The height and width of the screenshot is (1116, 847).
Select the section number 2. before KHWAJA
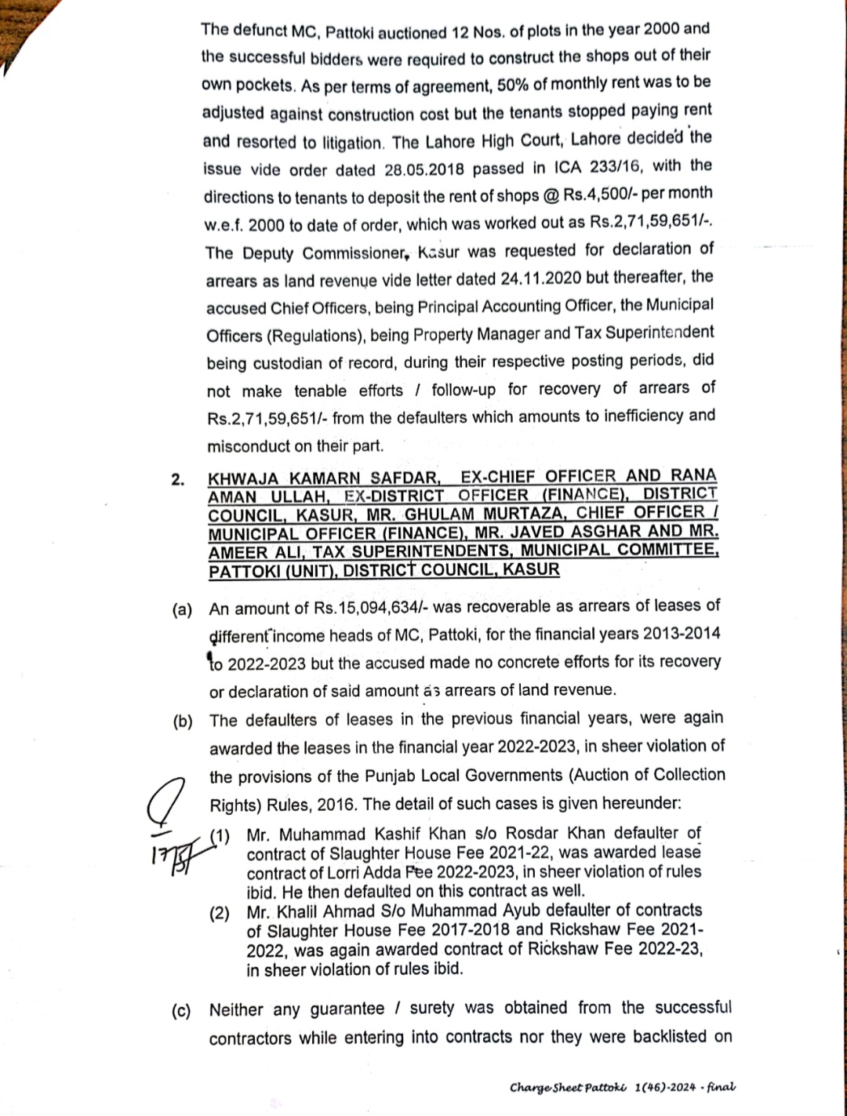[178, 480]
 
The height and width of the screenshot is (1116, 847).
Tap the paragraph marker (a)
[182, 610]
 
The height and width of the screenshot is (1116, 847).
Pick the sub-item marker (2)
[219, 913]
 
